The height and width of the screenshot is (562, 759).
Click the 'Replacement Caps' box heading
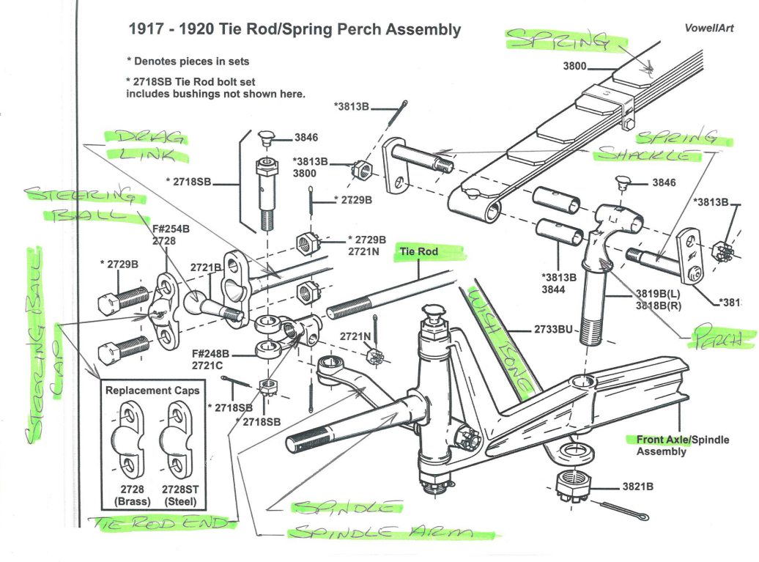[152, 391]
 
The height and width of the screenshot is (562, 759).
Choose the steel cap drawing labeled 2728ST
[179, 440]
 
